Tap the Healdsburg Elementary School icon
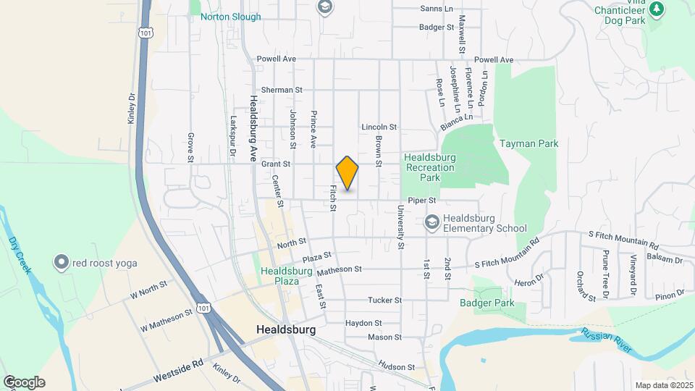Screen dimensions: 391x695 (x=432, y=222)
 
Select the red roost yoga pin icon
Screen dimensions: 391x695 (x=62, y=262)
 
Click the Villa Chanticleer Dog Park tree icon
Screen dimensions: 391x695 (x=657, y=9)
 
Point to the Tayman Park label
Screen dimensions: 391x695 (x=528, y=143)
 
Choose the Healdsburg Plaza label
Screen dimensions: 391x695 (x=286, y=277)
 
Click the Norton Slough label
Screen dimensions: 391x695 (x=230, y=17)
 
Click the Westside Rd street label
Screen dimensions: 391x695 (x=177, y=374)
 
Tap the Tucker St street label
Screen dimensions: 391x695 (x=384, y=300)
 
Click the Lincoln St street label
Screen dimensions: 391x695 (x=379, y=127)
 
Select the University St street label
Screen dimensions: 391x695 (x=400, y=227)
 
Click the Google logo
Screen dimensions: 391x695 (x=24, y=382)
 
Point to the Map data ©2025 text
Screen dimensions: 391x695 (x=662, y=385)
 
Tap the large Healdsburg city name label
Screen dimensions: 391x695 (x=287, y=329)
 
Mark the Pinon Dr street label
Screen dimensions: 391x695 (x=670, y=293)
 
